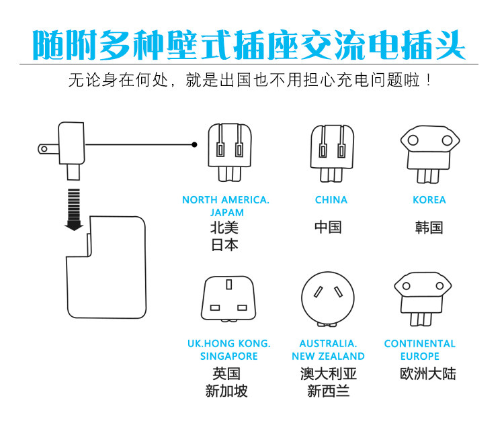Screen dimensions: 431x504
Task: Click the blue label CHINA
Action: tap(331, 199)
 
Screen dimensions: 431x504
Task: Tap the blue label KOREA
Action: tap(429, 199)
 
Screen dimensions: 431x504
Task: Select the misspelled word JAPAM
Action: tap(226, 212)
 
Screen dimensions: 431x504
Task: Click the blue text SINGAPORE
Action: tap(228, 356)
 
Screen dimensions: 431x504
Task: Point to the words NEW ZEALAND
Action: tap(328, 356)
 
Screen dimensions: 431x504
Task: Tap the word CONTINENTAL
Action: tap(419, 343)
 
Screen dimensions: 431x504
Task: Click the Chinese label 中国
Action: tap(328, 227)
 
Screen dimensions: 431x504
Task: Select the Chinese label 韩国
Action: tap(429, 227)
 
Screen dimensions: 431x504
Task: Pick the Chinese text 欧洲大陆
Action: tap(427, 373)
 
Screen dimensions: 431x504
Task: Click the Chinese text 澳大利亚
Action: tap(328, 373)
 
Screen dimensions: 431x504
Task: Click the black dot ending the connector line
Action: tap(194, 144)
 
